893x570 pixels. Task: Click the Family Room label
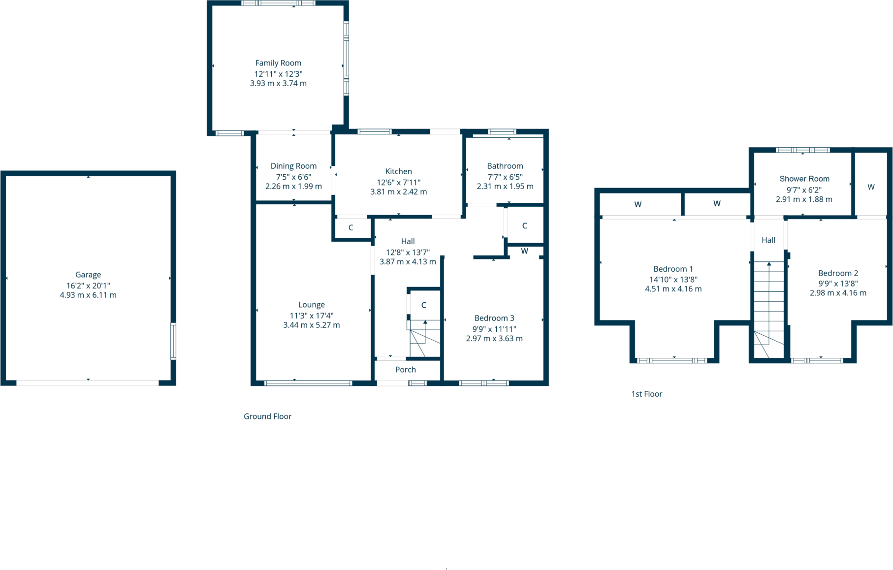(x=278, y=63)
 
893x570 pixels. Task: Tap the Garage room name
(x=88, y=275)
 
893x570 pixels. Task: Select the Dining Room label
(x=293, y=166)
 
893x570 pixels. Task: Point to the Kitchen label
(x=398, y=171)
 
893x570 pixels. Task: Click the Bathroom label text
(x=505, y=166)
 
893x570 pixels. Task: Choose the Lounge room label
(x=311, y=305)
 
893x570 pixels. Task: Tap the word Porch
(x=405, y=370)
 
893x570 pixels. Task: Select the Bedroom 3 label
(x=494, y=318)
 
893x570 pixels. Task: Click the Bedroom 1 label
(x=673, y=269)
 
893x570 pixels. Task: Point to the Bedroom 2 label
(x=838, y=273)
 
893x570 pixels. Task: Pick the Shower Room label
(x=804, y=179)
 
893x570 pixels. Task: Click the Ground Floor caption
(x=267, y=416)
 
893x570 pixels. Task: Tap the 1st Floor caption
(x=646, y=394)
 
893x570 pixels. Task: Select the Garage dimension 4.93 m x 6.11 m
(x=88, y=295)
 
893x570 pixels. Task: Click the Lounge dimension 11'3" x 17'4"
(x=311, y=316)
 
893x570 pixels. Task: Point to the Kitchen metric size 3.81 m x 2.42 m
(x=398, y=192)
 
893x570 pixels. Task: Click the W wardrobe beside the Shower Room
(x=871, y=187)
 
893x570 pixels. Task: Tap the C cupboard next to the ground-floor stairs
(x=423, y=305)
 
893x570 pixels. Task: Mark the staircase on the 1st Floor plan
(x=768, y=310)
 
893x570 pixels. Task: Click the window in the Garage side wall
(x=173, y=341)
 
